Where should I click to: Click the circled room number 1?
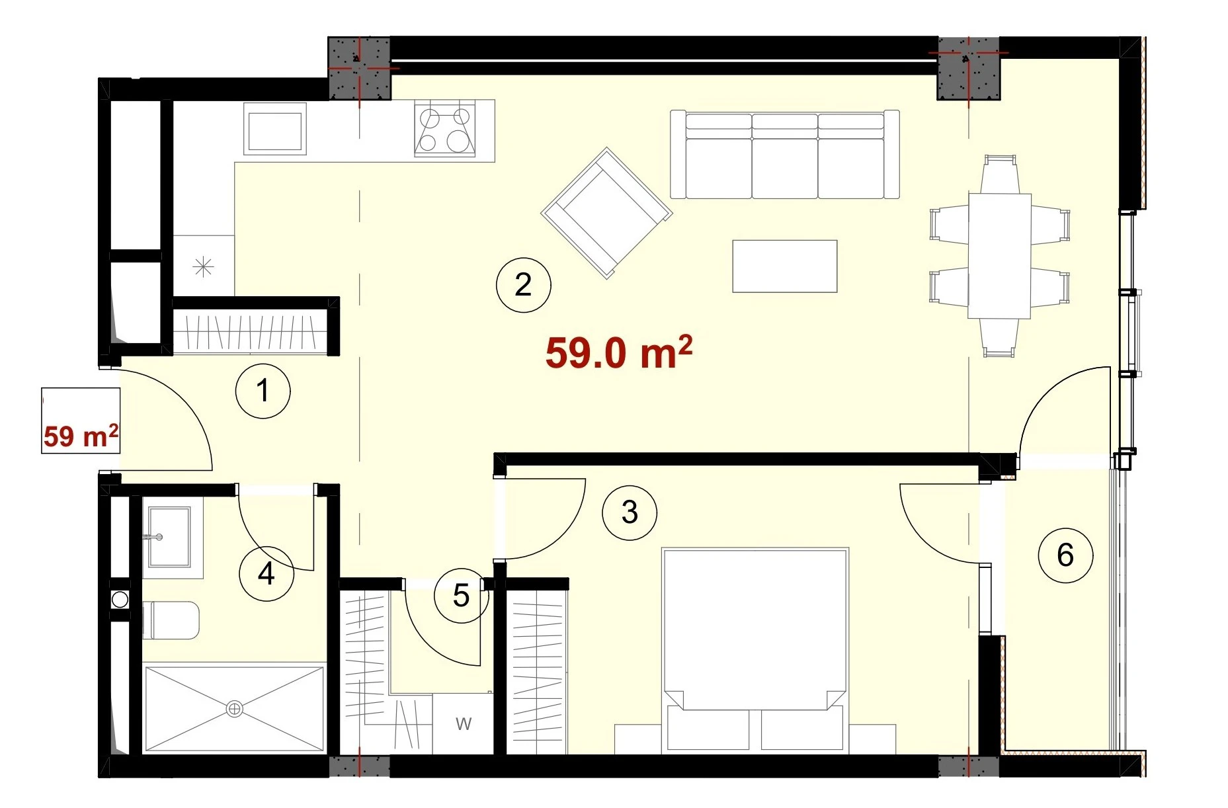(263, 391)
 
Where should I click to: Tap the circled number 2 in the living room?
(523, 285)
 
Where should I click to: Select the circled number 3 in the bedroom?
(630, 512)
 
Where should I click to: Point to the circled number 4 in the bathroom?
(266, 573)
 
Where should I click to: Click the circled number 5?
(462, 596)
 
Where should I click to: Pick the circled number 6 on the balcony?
(1065, 555)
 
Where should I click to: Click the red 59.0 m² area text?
(618, 352)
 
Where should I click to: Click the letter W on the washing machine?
(464, 724)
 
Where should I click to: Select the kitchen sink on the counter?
(274, 129)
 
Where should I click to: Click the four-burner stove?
(445, 130)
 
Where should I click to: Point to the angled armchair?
(606, 213)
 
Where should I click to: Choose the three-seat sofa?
(785, 154)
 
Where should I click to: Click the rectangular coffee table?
(785, 266)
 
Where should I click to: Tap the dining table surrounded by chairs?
(999, 256)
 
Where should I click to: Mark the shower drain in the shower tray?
(234, 709)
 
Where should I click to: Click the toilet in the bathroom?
(171, 620)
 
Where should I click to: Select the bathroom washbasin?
(169, 537)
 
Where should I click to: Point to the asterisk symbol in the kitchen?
(203, 267)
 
